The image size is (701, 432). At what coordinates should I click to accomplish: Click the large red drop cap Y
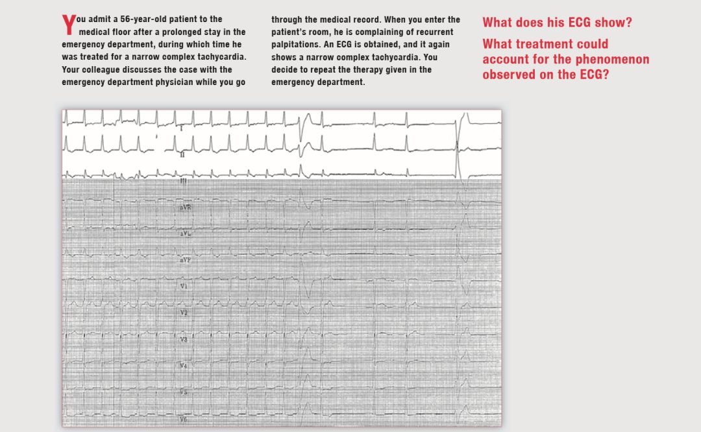coord(69,25)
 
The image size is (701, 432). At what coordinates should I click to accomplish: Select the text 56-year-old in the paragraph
coord(142,19)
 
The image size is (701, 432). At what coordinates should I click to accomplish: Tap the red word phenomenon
coord(613,60)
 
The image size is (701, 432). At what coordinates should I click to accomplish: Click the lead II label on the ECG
coord(182,155)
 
